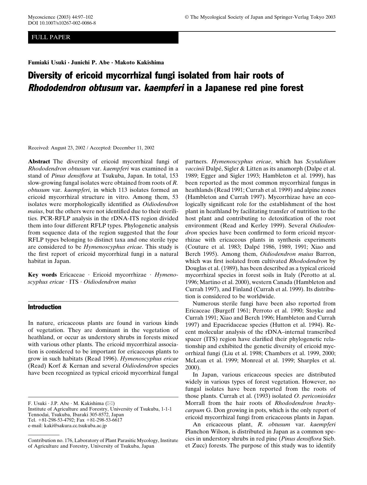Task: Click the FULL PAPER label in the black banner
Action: [51, 37]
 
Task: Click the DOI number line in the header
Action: [62, 23]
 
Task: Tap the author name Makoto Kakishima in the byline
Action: [139, 62]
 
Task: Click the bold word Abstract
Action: [39, 162]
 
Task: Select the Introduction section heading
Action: [45, 307]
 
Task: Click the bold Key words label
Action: [42, 275]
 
